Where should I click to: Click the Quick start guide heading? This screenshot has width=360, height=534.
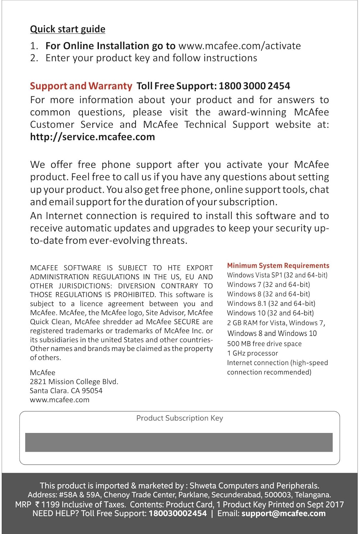click(x=68, y=29)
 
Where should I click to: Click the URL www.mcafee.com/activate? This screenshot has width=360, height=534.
click(x=239, y=46)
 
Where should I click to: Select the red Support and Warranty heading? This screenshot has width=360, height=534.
click(x=81, y=86)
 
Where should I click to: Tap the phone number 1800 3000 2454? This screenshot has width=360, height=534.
click(x=254, y=86)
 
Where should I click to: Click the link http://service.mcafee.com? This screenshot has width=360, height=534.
click(x=92, y=137)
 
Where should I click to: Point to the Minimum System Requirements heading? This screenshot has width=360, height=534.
click(x=278, y=266)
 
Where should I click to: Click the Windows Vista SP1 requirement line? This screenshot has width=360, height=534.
click(x=277, y=275)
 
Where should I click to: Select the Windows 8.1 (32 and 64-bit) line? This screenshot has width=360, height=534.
click(x=271, y=304)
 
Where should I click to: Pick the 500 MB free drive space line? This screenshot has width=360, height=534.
click(x=264, y=344)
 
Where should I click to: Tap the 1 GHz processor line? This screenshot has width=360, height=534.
click(x=252, y=354)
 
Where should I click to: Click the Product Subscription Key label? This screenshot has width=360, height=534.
click(x=179, y=418)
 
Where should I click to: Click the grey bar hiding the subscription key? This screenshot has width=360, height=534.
click(x=179, y=443)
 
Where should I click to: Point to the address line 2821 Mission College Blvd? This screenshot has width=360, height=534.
click(x=74, y=382)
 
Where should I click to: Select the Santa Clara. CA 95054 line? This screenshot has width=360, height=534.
click(x=66, y=391)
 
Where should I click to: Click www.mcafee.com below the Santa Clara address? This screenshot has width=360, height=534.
click(x=60, y=400)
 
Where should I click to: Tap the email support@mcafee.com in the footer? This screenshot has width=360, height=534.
click(x=283, y=513)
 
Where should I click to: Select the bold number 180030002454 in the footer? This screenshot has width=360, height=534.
click(x=177, y=513)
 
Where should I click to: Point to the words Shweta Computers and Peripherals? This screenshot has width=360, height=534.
click(x=254, y=486)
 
